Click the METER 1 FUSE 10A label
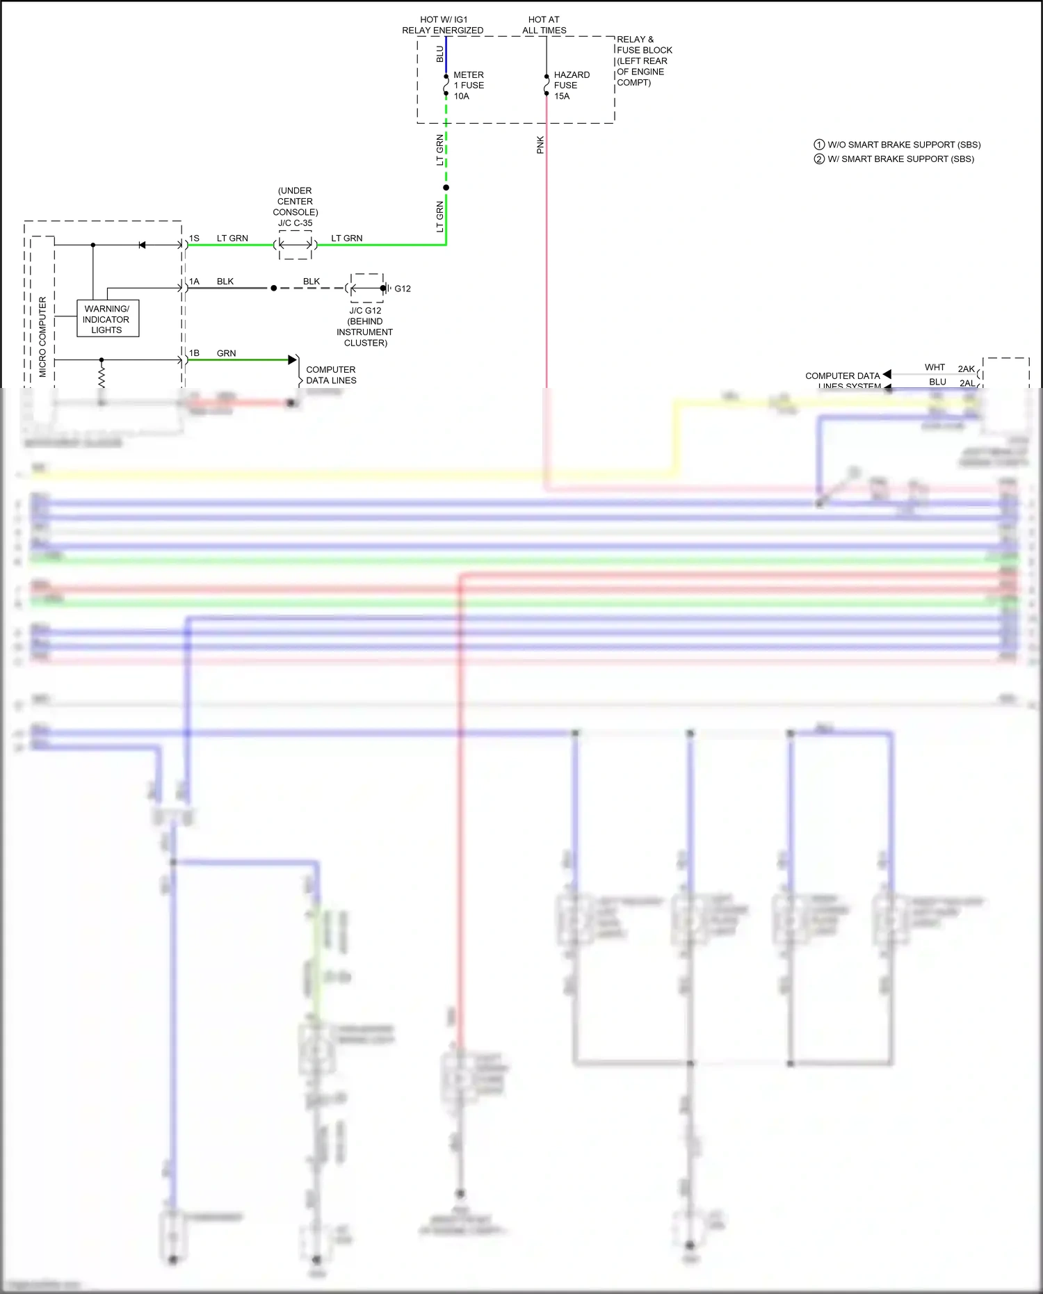469,86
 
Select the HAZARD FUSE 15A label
572,86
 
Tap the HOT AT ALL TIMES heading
544,25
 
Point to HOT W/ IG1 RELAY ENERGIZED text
443,25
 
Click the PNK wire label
540,145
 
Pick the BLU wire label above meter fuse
439,54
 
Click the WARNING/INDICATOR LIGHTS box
107,319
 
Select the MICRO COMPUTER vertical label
42,337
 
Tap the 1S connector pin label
194,238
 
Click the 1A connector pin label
194,282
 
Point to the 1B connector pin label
194,353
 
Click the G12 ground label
403,289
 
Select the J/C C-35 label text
296,223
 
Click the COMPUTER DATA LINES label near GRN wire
331,375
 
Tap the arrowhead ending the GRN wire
293,359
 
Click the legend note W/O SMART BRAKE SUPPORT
903,145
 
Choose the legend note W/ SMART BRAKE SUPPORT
900,159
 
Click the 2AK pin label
966,369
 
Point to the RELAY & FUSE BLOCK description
642,61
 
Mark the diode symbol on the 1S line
142,245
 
